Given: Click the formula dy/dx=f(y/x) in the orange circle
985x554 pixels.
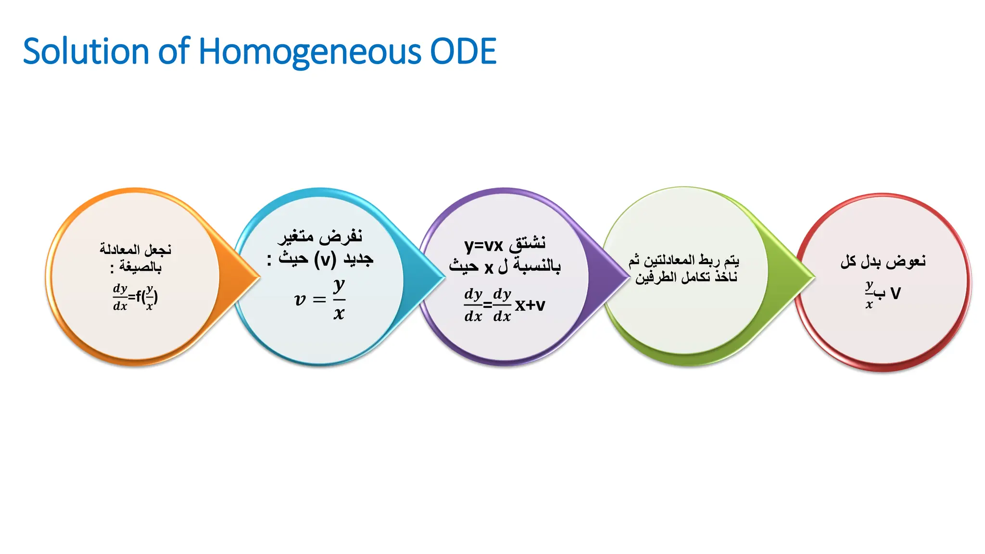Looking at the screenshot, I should [135, 297].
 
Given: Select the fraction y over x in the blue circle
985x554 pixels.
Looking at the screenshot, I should [339, 299].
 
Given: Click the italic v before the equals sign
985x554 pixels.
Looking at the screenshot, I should [300, 300].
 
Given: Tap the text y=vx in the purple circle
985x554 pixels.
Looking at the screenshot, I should [483, 245].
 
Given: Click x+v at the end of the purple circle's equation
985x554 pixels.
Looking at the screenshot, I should [530, 305].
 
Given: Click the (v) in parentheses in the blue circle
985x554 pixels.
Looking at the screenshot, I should [325, 260].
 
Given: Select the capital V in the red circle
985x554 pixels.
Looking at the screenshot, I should [895, 293].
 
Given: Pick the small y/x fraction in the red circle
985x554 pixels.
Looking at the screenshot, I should [869, 294].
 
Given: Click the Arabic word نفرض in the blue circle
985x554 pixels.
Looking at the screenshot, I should [343, 236].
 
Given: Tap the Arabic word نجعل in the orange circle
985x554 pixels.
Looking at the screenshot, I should [158, 249].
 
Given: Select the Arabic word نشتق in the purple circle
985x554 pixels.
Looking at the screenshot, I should [528, 243].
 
